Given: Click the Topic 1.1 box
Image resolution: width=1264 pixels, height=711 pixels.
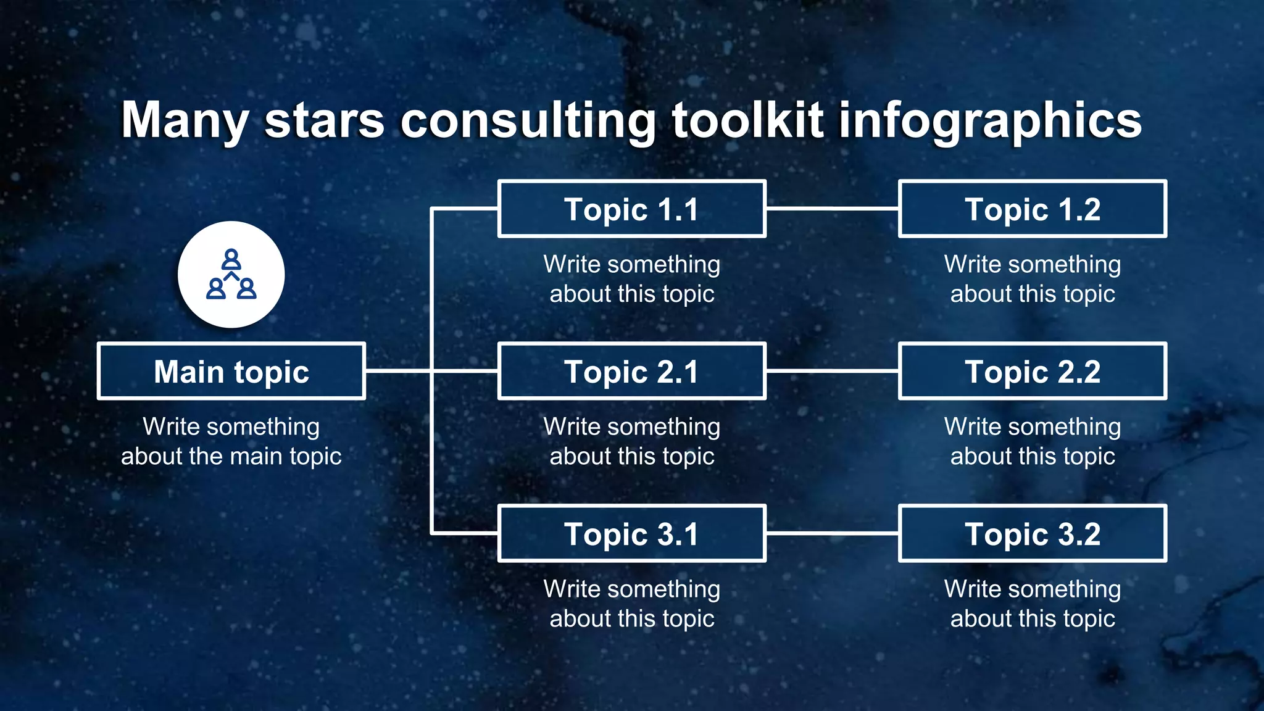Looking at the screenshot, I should (631, 209).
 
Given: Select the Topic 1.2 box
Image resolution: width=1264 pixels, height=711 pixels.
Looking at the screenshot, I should (1032, 209).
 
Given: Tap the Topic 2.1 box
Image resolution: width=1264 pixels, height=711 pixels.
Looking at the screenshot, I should (631, 372).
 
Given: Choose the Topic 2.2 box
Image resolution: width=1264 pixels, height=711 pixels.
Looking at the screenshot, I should (1032, 372).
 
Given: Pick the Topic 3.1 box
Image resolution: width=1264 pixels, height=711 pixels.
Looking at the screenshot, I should (631, 534).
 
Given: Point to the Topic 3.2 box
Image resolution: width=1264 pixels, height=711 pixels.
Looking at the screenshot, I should (1032, 534).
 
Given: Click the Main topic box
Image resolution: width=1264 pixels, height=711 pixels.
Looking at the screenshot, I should (231, 372).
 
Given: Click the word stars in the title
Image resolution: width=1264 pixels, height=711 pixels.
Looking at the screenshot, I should (325, 120).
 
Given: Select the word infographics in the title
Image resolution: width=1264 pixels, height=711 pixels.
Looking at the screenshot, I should (990, 120).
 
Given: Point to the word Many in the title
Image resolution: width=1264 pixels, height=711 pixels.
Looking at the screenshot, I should (185, 120).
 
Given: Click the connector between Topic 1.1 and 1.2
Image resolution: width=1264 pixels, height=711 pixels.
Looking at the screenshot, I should (832, 209).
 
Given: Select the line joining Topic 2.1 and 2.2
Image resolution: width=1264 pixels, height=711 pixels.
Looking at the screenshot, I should (832, 371).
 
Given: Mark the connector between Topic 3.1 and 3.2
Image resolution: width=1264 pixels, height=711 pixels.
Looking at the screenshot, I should (832, 533).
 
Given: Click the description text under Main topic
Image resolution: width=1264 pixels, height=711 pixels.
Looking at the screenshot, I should (231, 441).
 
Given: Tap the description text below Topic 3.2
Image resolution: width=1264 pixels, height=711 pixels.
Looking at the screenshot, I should (1032, 604).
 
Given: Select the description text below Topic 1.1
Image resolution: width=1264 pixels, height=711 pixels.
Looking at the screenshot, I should (631, 279).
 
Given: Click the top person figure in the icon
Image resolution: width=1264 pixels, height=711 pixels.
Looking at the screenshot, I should (231, 259).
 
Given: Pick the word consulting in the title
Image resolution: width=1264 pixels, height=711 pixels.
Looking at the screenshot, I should (528, 120).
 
